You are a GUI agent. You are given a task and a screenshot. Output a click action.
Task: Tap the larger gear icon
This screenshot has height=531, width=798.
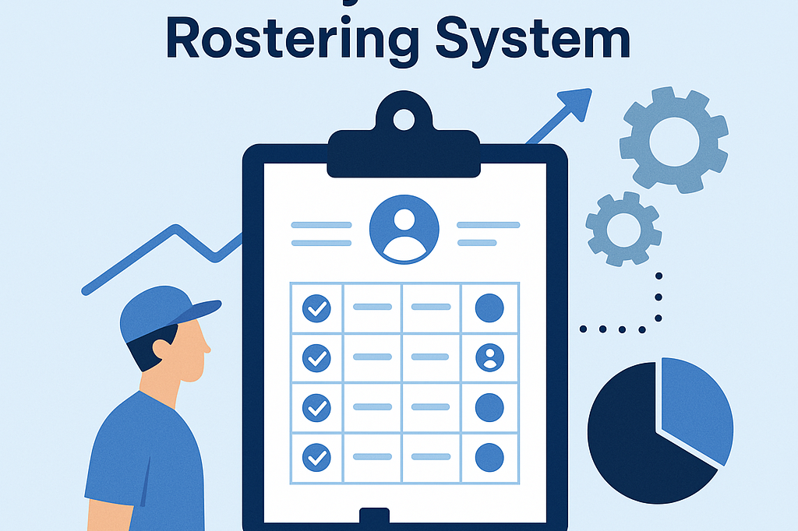point(673,140)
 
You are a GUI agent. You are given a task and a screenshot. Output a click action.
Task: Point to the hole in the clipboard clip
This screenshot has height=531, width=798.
point(404,119)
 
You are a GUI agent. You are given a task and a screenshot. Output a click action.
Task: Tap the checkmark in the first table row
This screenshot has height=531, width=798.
point(316,308)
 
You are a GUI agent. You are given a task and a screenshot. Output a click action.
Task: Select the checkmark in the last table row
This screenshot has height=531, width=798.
point(316,455)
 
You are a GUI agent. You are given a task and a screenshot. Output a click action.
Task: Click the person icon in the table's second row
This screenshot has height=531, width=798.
point(489,357)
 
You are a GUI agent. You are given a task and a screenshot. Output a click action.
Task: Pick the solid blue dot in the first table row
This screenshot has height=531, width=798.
point(489,308)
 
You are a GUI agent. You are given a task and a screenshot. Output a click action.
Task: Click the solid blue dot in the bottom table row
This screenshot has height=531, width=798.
point(489,456)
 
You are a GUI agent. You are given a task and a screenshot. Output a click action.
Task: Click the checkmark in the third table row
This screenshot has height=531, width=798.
point(316,406)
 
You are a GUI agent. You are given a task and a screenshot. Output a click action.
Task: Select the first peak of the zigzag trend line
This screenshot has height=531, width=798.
point(178,229)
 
